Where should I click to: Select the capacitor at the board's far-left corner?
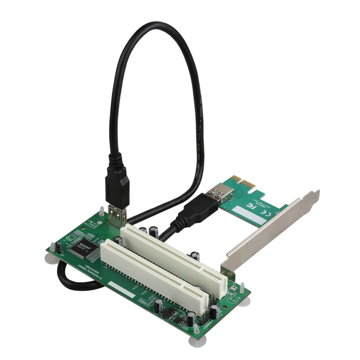pos(58,247)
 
